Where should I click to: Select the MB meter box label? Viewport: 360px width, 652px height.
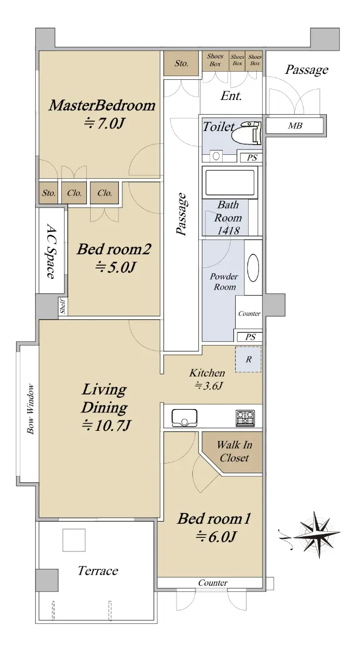coord(295,126)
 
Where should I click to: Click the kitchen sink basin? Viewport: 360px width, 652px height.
coord(185,418)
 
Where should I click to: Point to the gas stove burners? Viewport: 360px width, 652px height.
coord(245,418)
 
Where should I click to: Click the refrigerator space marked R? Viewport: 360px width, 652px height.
coord(248,359)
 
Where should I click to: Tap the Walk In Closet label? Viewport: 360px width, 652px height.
coord(234,451)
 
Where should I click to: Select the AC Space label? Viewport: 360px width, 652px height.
coord(51,251)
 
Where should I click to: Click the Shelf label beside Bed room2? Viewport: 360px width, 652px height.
coord(62,306)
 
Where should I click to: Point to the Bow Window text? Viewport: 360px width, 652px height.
coord(30,409)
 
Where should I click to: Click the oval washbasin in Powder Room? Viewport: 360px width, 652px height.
coord(253,268)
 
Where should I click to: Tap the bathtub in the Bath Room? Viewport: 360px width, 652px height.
coord(230,183)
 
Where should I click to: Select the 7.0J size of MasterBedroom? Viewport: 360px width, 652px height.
coord(104,123)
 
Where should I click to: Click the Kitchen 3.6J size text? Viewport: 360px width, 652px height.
coord(209,386)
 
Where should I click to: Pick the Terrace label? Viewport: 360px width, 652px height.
coord(98,571)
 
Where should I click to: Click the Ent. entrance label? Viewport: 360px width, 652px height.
coord(231,96)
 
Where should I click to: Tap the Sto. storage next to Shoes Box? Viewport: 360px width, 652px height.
coord(181,63)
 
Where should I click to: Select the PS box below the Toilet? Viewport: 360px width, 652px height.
coord(251,158)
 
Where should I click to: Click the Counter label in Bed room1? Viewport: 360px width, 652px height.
coord(213,582)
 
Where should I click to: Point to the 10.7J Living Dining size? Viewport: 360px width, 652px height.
coord(106,425)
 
